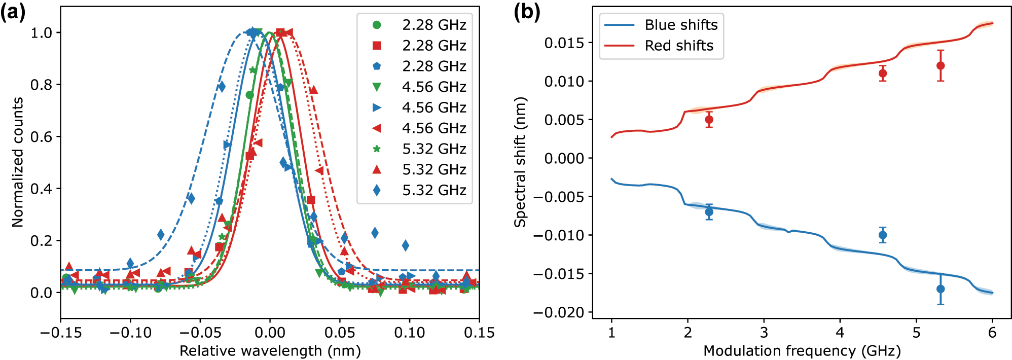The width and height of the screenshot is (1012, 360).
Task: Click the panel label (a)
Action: pyautogui.click(x=13, y=12)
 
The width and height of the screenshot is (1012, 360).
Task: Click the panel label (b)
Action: pyautogui.click(x=527, y=12)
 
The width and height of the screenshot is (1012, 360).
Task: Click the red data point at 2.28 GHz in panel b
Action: pyautogui.click(x=709, y=120)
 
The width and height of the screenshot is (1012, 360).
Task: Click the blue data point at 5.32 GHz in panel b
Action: pyautogui.click(x=941, y=289)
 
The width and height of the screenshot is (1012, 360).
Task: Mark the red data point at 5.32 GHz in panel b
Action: pyautogui.click(x=941, y=65)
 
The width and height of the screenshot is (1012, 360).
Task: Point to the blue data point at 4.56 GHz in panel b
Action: pyautogui.click(x=883, y=235)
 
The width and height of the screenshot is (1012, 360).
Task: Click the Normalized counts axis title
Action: pyautogui.click(x=18, y=162)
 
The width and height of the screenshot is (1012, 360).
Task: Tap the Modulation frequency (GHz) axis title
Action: pyautogui.click(x=802, y=351)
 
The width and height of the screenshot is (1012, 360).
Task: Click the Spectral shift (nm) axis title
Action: pyautogui.click(x=520, y=162)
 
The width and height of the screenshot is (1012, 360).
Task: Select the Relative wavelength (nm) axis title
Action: pyautogui.click(x=270, y=351)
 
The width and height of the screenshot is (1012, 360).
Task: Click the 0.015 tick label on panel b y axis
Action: pyautogui.click(x=564, y=43)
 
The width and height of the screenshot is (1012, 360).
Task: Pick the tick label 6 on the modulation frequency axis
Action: pyautogui.click(x=992, y=333)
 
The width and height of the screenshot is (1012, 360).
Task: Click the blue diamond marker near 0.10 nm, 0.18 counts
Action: pyautogui.click(x=406, y=245)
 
